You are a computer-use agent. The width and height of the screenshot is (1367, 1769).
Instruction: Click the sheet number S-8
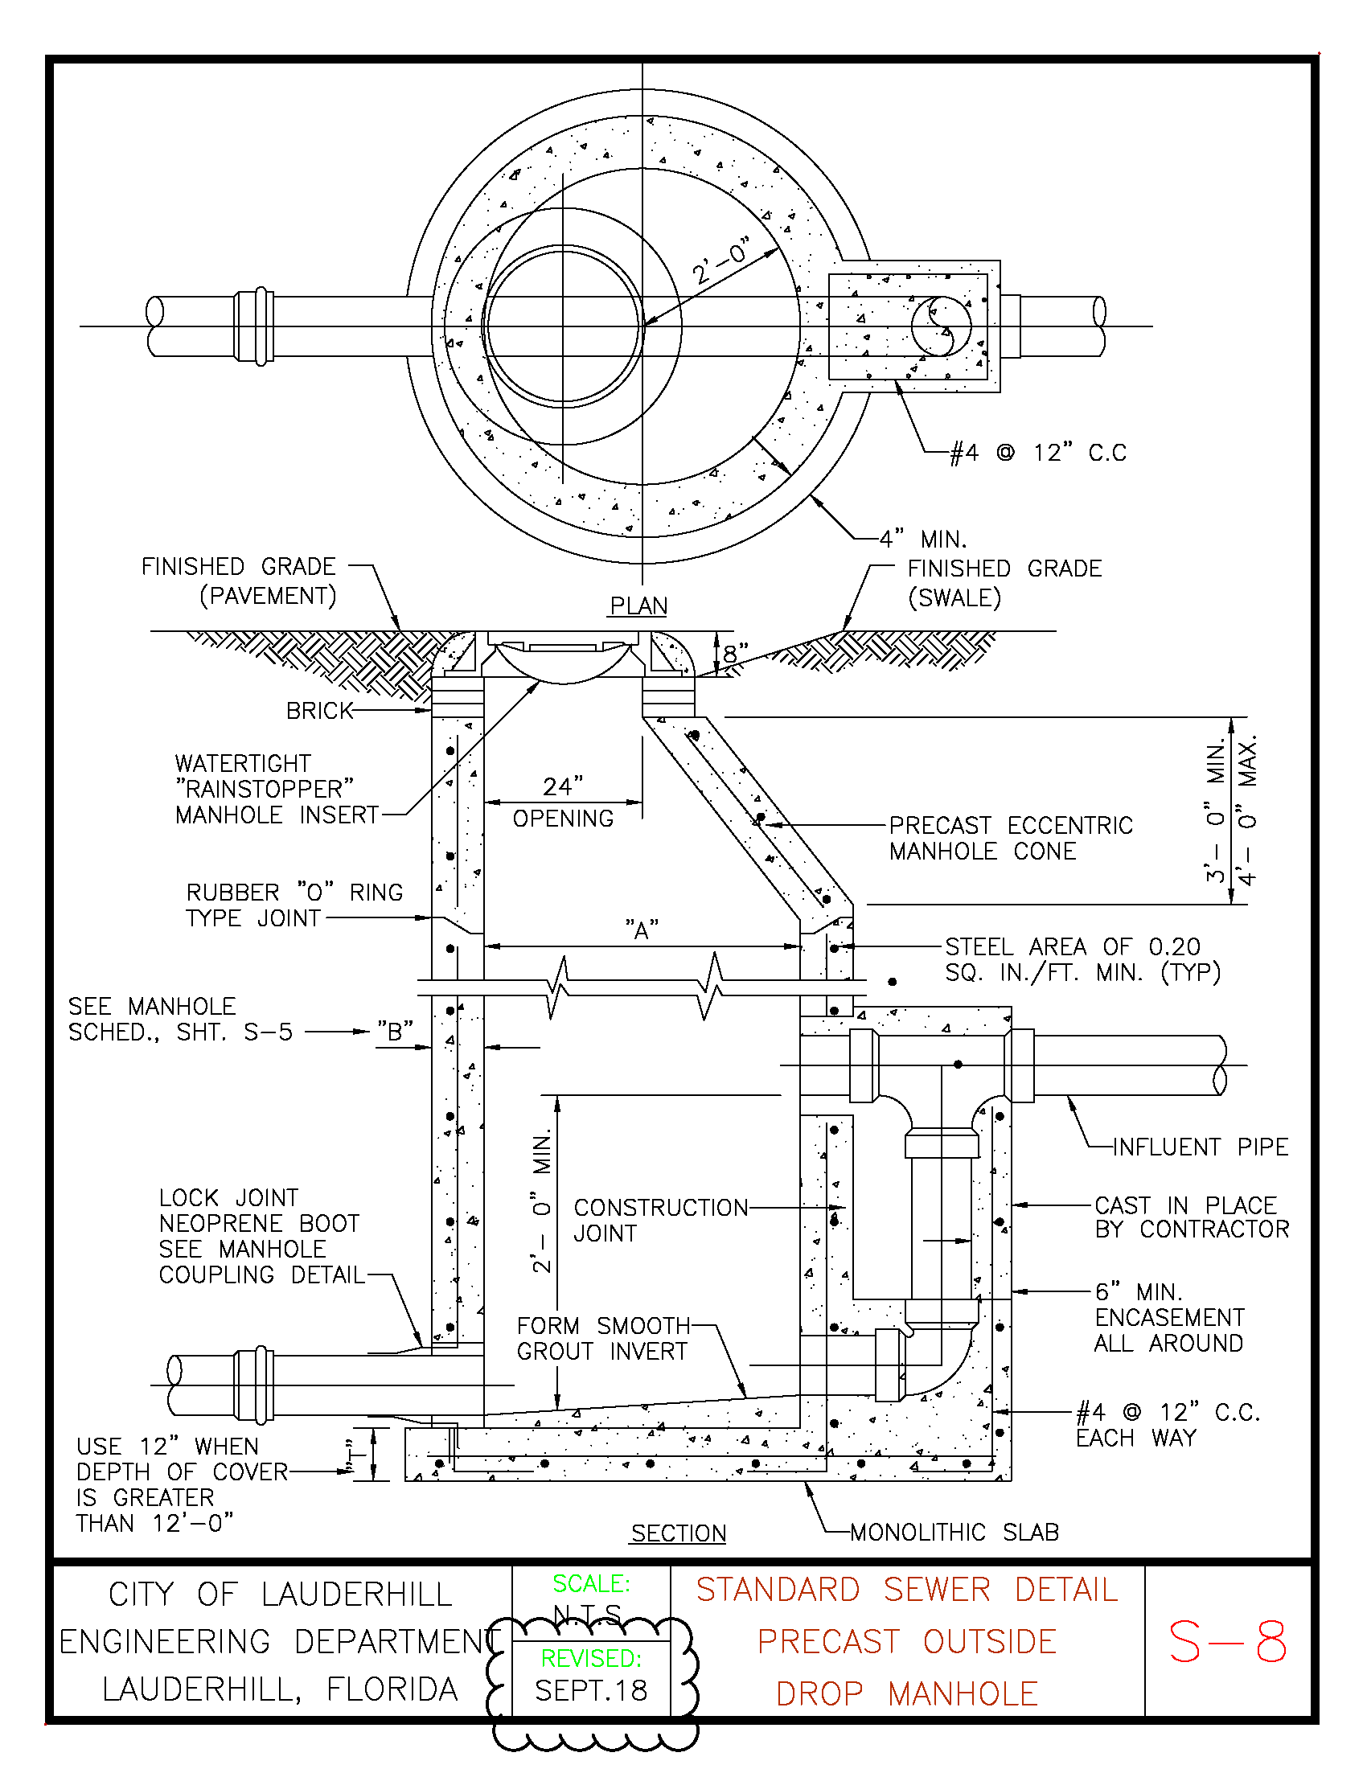click(1227, 1642)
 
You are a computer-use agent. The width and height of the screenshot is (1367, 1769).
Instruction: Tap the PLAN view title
click(639, 605)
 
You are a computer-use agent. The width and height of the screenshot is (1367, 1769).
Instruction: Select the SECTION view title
click(679, 1533)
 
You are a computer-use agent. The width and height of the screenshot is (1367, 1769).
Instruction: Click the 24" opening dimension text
click(563, 802)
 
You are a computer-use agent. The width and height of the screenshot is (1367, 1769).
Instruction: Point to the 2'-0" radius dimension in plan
click(720, 261)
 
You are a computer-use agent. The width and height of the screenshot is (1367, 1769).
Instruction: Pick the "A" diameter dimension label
click(642, 930)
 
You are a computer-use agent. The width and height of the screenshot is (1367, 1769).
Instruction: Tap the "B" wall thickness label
click(395, 1031)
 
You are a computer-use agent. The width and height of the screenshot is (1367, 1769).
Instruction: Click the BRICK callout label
click(320, 710)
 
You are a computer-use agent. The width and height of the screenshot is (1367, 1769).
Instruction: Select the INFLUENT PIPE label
click(1201, 1147)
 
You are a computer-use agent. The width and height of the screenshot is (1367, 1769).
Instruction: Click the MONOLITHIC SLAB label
click(954, 1533)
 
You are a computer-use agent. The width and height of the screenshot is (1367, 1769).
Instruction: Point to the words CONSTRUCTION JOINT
click(661, 1221)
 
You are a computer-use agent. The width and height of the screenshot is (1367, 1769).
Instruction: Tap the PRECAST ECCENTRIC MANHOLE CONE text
click(1011, 839)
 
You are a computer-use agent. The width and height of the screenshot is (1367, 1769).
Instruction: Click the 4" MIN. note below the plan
click(923, 539)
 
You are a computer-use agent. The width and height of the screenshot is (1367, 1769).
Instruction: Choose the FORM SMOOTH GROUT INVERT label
click(603, 1339)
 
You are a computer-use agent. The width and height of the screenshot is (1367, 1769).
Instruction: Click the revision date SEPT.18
click(591, 1690)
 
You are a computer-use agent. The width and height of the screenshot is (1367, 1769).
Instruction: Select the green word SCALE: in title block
click(591, 1583)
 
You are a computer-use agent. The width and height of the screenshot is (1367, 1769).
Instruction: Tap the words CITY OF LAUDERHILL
click(280, 1595)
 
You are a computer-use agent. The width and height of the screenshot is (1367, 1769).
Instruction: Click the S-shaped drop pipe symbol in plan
click(940, 326)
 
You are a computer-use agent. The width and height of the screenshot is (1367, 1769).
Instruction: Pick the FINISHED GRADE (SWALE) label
click(1004, 583)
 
